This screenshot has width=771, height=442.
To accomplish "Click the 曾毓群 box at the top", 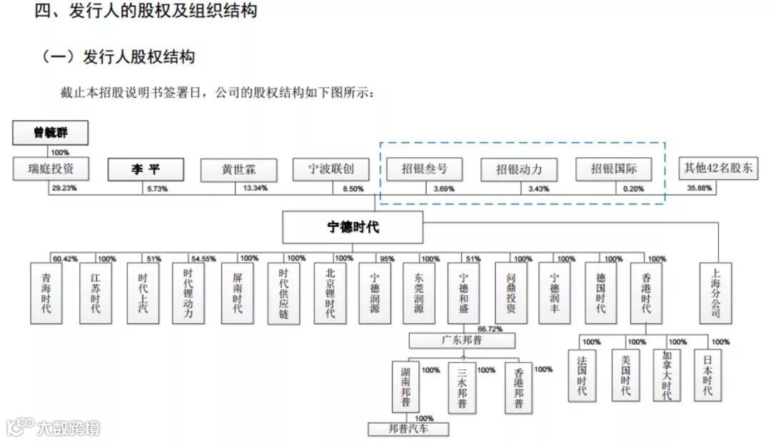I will [x=50, y=133].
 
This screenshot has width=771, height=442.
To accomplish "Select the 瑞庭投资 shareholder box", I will [x=51, y=169].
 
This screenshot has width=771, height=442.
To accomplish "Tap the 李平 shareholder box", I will [x=146, y=170].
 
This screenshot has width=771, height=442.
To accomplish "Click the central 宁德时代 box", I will [x=353, y=228].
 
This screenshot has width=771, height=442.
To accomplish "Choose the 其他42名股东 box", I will [x=718, y=169].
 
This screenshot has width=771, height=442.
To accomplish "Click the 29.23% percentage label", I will [x=64, y=189].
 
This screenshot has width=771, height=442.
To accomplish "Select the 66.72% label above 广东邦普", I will [x=490, y=329].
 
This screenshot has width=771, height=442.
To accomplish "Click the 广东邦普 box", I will [x=462, y=340].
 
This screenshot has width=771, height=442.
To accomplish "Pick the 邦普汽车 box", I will [x=408, y=429].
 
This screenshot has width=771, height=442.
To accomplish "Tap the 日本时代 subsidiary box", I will [x=707, y=374].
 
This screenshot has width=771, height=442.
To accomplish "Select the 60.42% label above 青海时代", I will [x=64, y=258].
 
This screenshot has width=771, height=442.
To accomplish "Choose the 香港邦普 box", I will [x=518, y=386].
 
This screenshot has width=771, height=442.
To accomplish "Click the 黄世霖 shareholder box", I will [x=238, y=169].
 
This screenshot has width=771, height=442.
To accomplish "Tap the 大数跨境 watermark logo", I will [x=54, y=427].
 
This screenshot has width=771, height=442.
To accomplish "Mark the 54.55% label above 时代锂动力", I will [x=203, y=258].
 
